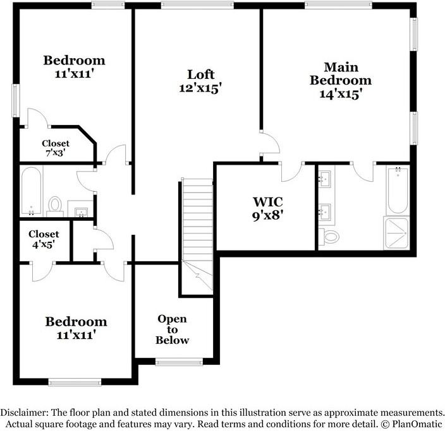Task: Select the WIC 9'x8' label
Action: tap(268, 202)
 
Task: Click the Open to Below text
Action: tap(173, 329)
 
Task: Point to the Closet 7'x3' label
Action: tap(56, 148)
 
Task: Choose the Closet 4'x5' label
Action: tap(44, 238)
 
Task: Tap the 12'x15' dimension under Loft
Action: tap(199, 88)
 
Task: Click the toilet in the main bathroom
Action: tap(331, 237)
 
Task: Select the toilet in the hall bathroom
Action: tap(56, 204)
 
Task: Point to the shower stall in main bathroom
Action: tap(397, 233)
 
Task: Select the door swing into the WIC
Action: tap(291, 170)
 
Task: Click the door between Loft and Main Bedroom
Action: tap(269, 143)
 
